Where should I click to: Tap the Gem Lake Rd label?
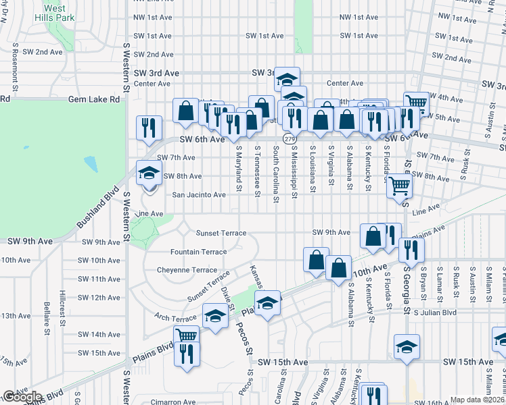click(x=94, y=99)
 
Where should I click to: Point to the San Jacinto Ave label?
click(x=199, y=195)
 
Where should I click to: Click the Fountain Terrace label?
click(x=199, y=252)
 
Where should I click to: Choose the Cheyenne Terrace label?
click(x=187, y=270)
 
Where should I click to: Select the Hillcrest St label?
click(x=62, y=308)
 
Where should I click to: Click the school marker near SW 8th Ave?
click(x=149, y=173)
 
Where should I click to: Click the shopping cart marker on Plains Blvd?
click(x=186, y=335)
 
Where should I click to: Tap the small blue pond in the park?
click(x=90, y=163)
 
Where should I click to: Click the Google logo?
click(x=22, y=397)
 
